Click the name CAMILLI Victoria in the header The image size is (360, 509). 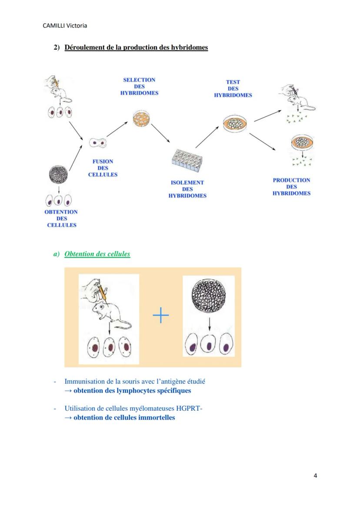click(65, 26)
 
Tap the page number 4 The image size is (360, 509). click(315, 476)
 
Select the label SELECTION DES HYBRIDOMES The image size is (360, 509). click(139, 86)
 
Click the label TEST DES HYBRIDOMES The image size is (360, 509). click(233, 89)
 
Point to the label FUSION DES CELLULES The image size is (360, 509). click(103, 168)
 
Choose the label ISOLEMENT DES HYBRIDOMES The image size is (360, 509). click(187, 189)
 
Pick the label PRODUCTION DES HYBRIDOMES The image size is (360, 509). click(291, 186)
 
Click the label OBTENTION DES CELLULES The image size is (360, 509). click(61, 218)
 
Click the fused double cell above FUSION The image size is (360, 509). click(97, 142)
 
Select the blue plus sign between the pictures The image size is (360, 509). click(161, 316)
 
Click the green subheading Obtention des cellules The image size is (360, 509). click(97, 254)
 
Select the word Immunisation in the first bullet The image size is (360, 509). click(84, 381)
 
